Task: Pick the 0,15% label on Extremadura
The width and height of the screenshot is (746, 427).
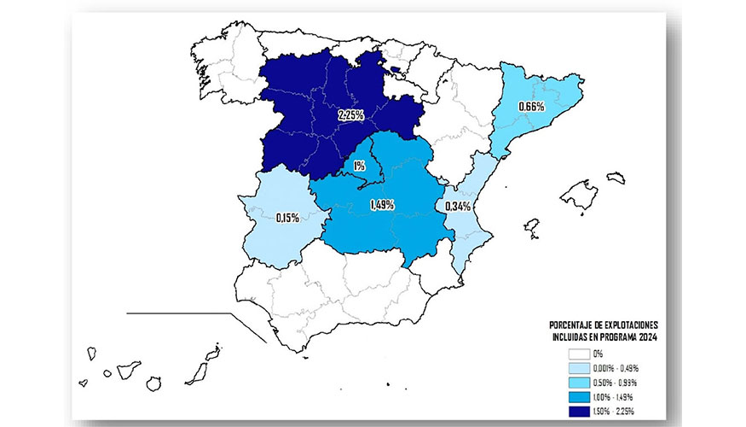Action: coord(287,218)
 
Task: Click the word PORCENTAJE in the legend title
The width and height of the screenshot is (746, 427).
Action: coord(575,326)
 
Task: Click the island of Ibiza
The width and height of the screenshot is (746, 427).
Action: coord(531,227)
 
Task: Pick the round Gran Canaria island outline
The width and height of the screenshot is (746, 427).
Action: coord(155,383)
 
